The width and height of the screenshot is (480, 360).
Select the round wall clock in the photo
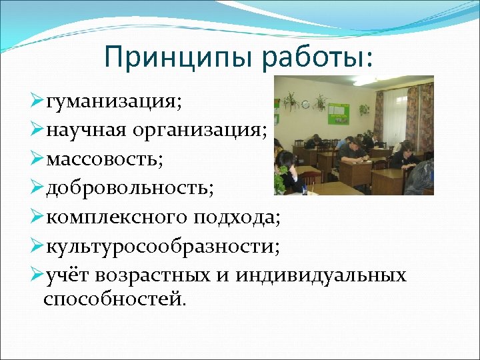click(x=305, y=105)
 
